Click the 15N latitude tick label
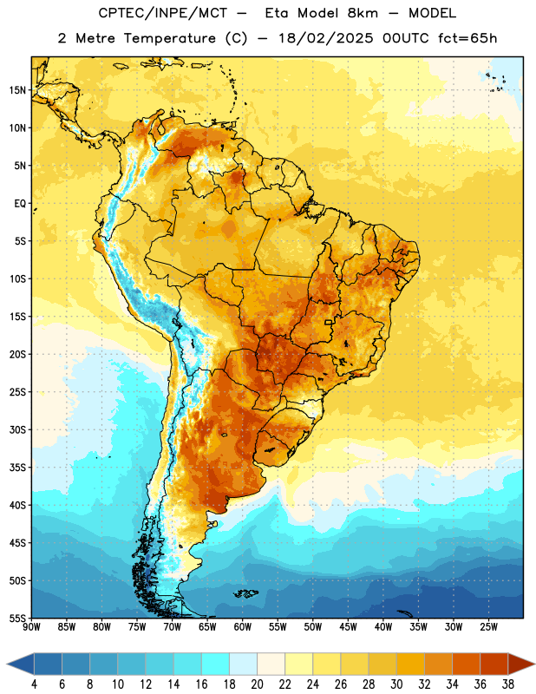click(x=17, y=90)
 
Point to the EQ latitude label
click(x=20, y=204)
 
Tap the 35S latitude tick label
click(x=17, y=468)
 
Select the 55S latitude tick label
click(x=17, y=618)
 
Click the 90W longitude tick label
click(x=32, y=626)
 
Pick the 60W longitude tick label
click(x=243, y=626)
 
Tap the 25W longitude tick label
click(x=488, y=626)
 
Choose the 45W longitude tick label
click(x=348, y=626)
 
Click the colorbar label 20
click(x=257, y=684)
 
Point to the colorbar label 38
click(x=507, y=684)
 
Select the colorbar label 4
click(x=34, y=684)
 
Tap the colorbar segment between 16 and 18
click(x=215, y=664)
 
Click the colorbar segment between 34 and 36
click(x=466, y=664)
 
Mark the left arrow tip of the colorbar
click(x=7, y=664)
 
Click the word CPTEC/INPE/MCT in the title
click(x=162, y=13)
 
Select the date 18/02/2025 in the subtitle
click(x=326, y=38)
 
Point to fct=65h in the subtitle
click(x=467, y=38)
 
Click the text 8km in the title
click(x=363, y=13)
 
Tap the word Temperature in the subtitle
click(x=169, y=38)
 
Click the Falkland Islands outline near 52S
click(x=245, y=593)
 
